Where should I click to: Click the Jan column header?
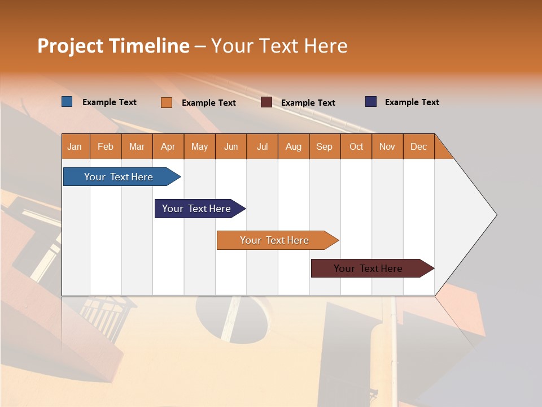[75, 146]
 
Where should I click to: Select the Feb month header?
[106, 146]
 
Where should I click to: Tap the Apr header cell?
[168, 146]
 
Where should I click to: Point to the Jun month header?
[231, 146]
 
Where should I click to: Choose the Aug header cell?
[294, 146]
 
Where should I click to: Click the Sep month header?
[325, 146]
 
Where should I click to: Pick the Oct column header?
[356, 146]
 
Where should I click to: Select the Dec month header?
[419, 146]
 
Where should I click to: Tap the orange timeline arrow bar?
[275, 240]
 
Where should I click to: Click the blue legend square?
[67, 102]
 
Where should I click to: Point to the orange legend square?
[167, 102]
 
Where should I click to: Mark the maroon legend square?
[266, 102]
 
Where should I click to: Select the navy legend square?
[371, 102]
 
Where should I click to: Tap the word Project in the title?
[70, 46]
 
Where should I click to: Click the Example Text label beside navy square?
[412, 102]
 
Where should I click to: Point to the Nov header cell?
[387, 146]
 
